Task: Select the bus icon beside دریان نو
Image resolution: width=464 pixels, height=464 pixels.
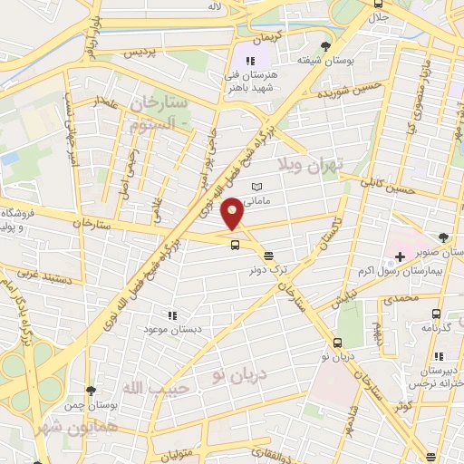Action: [337, 343]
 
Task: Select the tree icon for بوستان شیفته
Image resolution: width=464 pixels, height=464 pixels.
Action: [326, 47]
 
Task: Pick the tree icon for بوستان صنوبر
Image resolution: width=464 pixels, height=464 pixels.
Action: [444, 237]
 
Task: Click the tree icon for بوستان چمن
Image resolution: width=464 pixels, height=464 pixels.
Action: [89, 391]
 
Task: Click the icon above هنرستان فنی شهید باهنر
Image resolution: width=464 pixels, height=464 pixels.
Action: [250, 61]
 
